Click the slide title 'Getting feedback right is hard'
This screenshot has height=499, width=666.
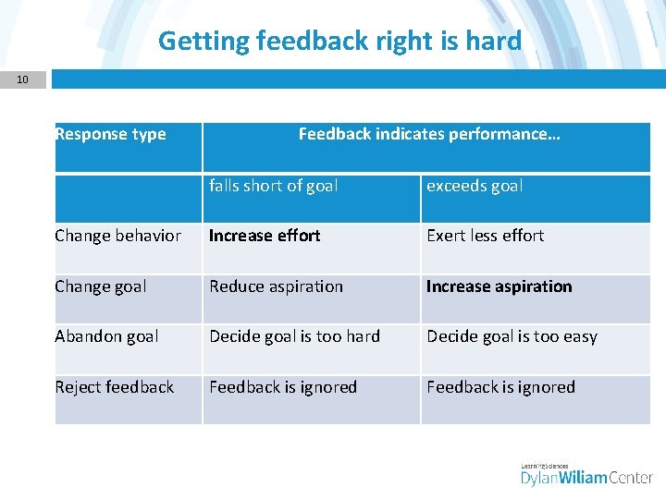coord(339,41)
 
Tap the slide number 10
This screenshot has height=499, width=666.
coord(22,79)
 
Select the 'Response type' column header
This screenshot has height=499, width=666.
coord(110,134)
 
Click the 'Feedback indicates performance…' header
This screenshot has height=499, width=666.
coord(428,134)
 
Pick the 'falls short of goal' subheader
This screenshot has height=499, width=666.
coord(273,186)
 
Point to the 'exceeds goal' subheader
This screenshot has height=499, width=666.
coord(474,186)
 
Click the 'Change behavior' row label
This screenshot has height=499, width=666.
coord(117,236)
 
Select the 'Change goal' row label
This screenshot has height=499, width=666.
coord(100,286)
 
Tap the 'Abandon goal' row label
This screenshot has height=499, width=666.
coord(106,336)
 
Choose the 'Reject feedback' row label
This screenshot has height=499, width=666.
coord(114,387)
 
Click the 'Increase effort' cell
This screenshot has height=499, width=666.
coord(265,236)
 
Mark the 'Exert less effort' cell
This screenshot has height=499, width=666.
coord(485,236)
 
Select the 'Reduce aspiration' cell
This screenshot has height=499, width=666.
coord(276,286)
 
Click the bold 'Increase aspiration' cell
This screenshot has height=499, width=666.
coord(499,286)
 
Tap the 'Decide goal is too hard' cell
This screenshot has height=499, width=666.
coord(294,336)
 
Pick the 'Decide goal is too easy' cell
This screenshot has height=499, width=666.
coord(512,336)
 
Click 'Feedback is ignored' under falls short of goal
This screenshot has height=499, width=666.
coord(282,387)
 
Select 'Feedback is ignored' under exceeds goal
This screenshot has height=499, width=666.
coord(500,387)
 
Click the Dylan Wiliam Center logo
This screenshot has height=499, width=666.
coord(586,475)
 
